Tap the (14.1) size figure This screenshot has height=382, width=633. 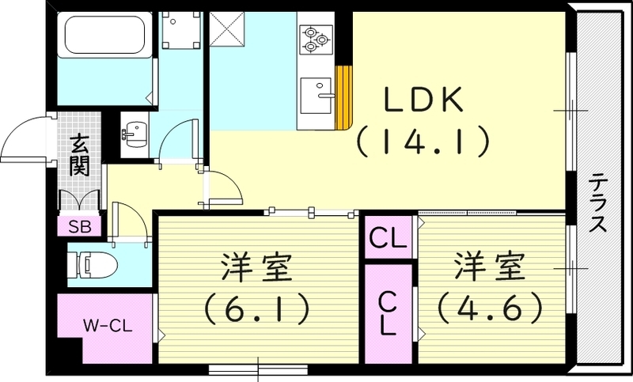tap(421, 142)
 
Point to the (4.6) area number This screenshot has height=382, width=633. tap(489, 307)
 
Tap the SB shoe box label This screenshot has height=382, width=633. tap(78, 226)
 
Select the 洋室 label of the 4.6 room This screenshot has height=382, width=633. tap(489, 267)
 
